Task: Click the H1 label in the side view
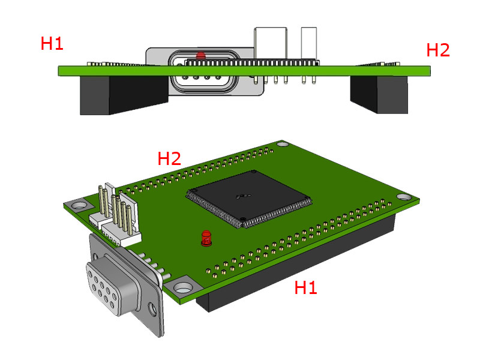coord(52,43)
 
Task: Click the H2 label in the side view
coord(437,50)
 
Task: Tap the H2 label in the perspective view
coord(169,159)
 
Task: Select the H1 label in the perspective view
coord(305,288)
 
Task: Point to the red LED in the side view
coord(200,55)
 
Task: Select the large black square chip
coord(249,198)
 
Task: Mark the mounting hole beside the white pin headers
coord(76,205)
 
